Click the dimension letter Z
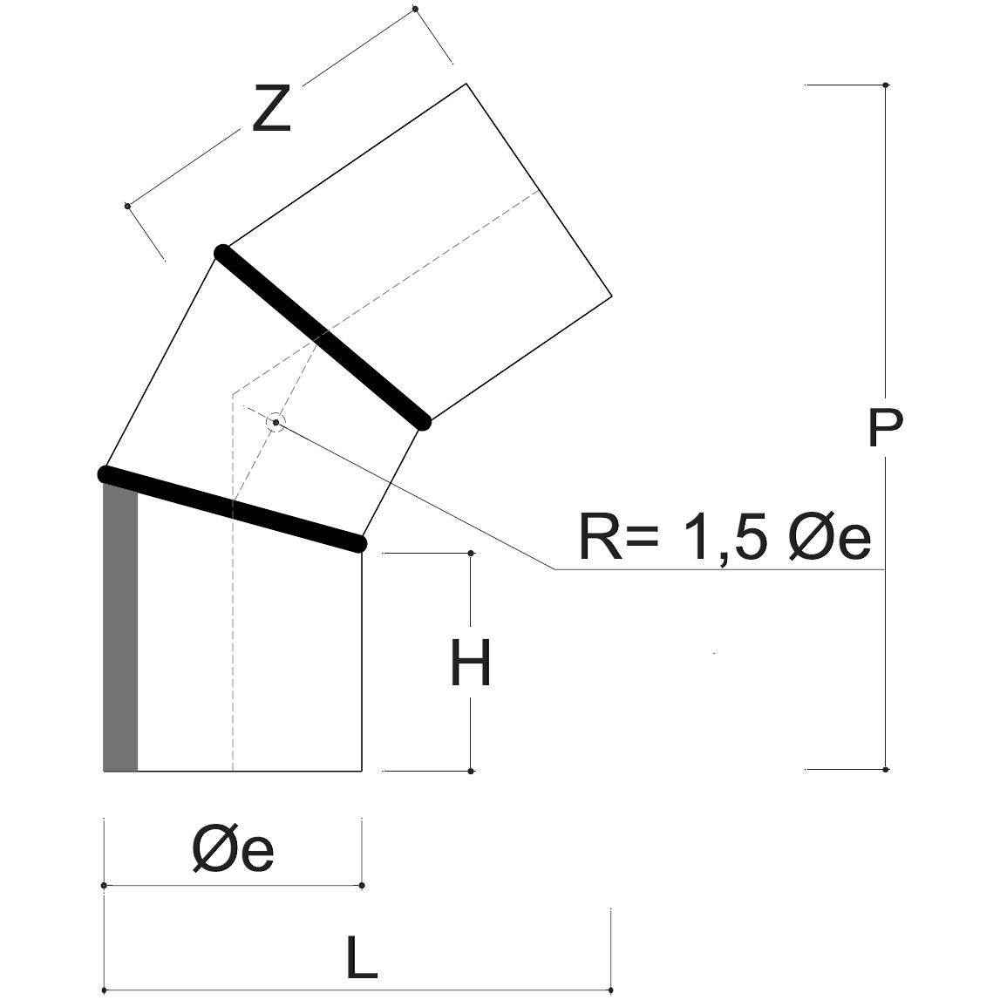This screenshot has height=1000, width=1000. click(x=270, y=109)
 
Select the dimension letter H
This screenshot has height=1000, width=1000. click(x=471, y=663)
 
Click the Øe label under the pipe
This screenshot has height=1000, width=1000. click(x=233, y=852)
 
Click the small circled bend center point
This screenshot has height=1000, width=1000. click(x=276, y=423)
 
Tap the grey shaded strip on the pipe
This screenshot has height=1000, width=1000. click(x=120, y=628)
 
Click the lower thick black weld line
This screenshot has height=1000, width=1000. click(x=232, y=510)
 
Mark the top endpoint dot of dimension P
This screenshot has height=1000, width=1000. click(x=886, y=85)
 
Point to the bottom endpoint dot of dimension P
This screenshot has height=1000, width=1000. click(x=886, y=770)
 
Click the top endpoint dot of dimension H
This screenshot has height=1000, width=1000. click(x=471, y=553)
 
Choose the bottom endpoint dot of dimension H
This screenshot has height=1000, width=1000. click(x=471, y=771)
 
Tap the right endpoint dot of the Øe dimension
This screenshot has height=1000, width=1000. click(x=362, y=886)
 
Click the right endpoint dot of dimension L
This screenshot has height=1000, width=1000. click(x=612, y=990)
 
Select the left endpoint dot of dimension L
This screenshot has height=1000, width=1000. click(x=104, y=990)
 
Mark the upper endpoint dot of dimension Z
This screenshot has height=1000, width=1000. click(x=415, y=10)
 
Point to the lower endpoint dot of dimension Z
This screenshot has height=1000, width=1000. click(x=127, y=206)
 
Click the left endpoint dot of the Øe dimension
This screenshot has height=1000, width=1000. click(x=104, y=886)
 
